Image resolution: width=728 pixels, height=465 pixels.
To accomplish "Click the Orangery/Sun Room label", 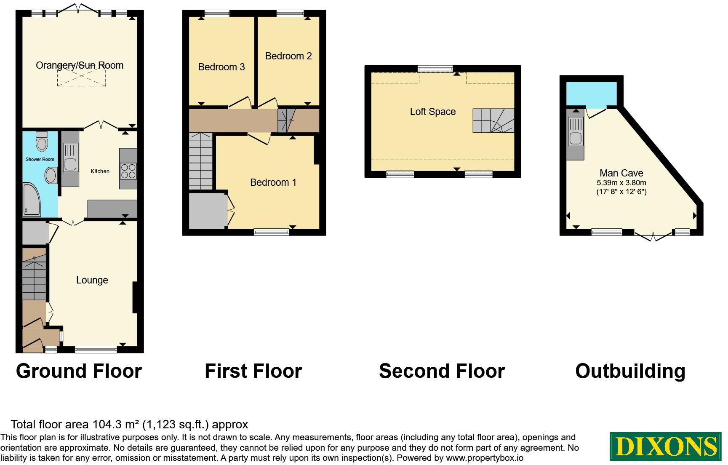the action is pos(80,65).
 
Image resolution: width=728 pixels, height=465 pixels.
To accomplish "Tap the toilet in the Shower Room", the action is pos(42,141).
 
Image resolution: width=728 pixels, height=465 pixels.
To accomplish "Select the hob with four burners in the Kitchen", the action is pos(128,170).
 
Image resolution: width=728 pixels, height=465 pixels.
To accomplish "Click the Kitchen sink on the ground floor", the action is pos(70,157).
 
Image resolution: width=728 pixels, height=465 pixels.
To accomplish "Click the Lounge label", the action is pos(92,280).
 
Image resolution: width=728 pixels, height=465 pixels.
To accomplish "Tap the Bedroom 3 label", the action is pos(221,67).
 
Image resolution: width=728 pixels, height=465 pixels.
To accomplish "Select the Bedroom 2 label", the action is pos(288,56).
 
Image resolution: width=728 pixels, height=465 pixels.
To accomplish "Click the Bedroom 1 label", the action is pos(273,182).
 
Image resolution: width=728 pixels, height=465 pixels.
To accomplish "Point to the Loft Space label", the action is pos(433,112).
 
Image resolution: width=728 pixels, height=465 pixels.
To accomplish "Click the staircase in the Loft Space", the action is pos(493,120).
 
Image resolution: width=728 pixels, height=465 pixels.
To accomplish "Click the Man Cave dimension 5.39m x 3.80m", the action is pos(621,183).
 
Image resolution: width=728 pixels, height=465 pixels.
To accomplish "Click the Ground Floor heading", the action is pos(79,371).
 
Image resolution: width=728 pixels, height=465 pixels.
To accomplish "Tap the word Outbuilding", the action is pos(630,371).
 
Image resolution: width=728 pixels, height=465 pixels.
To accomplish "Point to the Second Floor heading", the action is pos(442,371).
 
